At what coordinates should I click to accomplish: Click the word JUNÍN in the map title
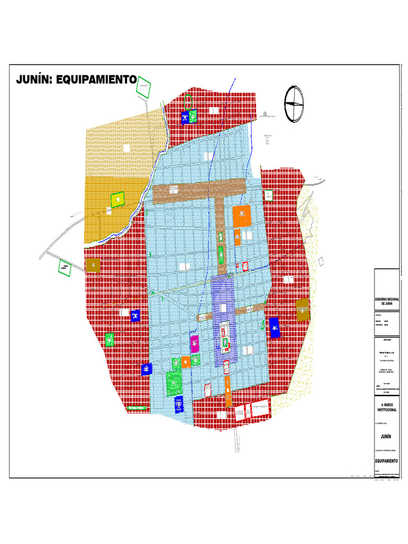coord(35,80)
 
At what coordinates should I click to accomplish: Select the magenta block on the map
coord(195,344)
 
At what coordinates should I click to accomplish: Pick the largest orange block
coord(241,216)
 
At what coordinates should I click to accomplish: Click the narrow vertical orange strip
coord(228,392)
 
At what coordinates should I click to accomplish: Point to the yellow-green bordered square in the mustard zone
coord(117,199)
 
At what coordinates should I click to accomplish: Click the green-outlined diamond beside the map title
coord(143,87)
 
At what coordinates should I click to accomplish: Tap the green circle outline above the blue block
coord(188,101)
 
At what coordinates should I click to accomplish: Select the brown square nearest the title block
coord(302,310)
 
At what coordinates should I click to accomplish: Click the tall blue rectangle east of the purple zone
coord(274,328)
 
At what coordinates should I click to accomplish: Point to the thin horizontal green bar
coord(137,407)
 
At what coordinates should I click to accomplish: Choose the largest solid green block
coord(174,382)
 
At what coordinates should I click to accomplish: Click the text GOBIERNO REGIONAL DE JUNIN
coord(387,301)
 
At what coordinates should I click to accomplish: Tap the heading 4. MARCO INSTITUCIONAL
coord(387,407)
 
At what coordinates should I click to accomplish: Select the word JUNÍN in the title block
coord(387,436)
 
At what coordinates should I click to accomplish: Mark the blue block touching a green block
coord(185,117)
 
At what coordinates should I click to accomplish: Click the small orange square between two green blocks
coord(185,362)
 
